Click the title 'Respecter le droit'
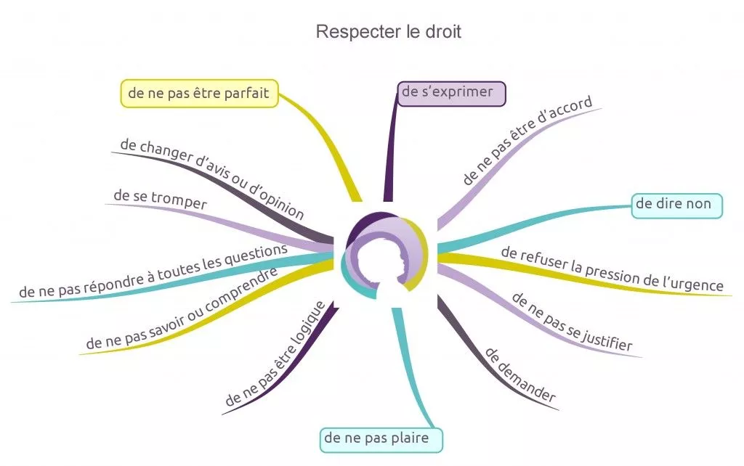click(388, 32)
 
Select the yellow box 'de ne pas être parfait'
click(198, 93)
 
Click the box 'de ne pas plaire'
click(382, 438)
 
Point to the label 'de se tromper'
click(160, 199)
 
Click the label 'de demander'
click(519, 375)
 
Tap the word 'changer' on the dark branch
click(162, 152)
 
